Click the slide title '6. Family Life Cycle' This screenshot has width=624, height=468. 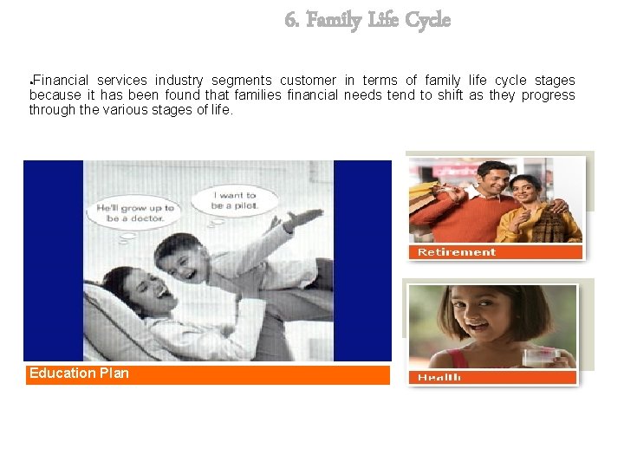[x=367, y=19]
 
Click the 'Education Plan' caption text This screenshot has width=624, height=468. [x=79, y=374]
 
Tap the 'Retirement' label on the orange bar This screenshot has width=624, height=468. [x=457, y=252]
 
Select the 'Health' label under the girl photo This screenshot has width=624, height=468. [x=439, y=377]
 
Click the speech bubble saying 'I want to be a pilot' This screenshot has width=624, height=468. [x=234, y=200]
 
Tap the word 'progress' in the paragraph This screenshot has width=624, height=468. [x=548, y=95]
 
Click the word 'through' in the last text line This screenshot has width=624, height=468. [x=51, y=110]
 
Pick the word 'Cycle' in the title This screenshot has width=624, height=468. [x=428, y=19]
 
